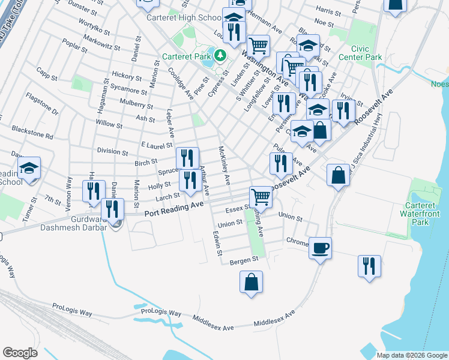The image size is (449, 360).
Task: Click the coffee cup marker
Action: click(x=321, y=247)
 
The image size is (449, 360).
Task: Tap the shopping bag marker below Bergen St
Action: click(x=252, y=282)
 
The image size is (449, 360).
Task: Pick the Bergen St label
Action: click(x=243, y=260)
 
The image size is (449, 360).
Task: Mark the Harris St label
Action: click(x=328, y=11)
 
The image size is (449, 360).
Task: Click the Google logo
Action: click(x=20, y=353)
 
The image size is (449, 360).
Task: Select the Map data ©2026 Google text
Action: click(x=411, y=355)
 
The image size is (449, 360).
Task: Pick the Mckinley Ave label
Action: click(x=224, y=165)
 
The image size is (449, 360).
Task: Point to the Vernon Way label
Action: click(x=68, y=191)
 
